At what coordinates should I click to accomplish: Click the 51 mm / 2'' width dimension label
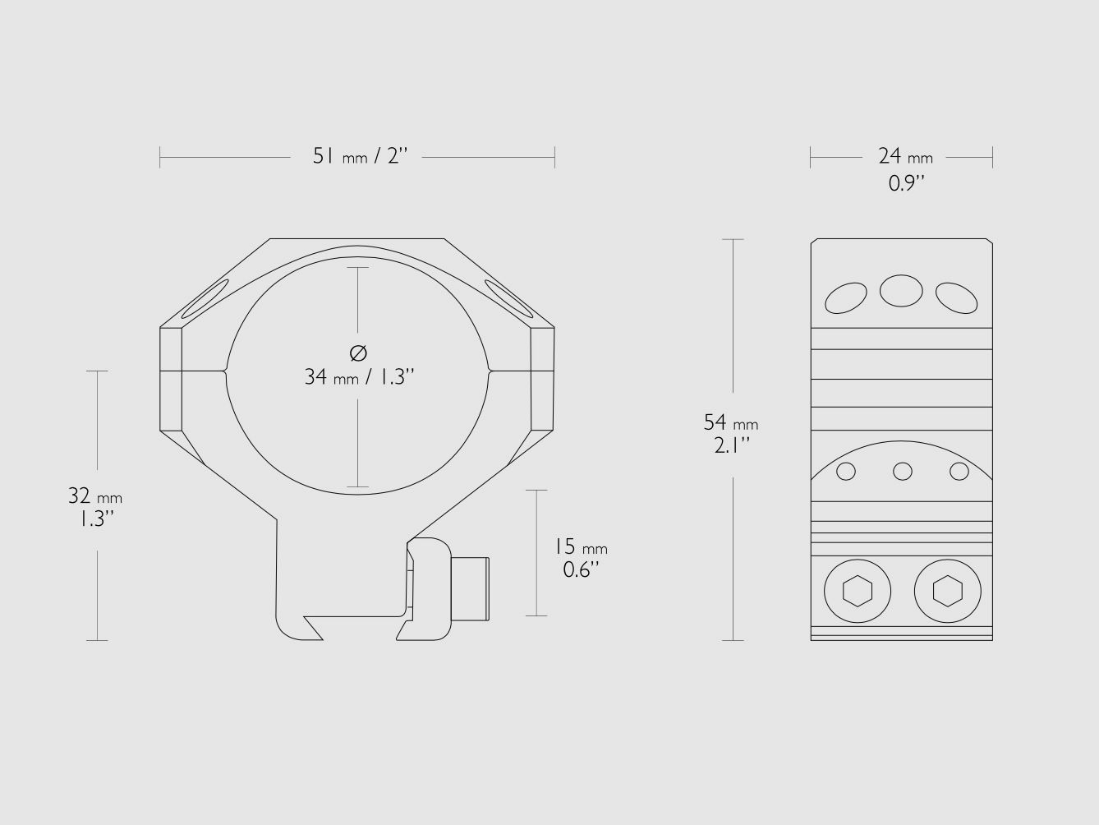tap(359, 156)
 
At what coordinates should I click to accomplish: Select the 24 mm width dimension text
tap(904, 156)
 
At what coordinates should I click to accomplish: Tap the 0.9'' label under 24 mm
tap(906, 183)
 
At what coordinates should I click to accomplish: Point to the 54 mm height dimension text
tap(730, 423)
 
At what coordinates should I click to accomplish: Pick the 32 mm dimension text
tap(94, 496)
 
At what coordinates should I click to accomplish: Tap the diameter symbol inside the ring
tap(358, 353)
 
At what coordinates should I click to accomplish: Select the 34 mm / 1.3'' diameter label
tap(359, 377)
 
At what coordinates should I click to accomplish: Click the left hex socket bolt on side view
tap(858, 591)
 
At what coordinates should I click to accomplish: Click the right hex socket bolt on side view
tap(947, 591)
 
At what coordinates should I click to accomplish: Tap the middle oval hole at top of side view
tap(901, 291)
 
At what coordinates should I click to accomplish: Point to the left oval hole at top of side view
tap(846, 298)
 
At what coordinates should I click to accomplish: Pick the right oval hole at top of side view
tap(956, 297)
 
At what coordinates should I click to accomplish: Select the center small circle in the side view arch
tap(902, 471)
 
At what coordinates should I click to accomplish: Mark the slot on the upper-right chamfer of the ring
tap(508, 297)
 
